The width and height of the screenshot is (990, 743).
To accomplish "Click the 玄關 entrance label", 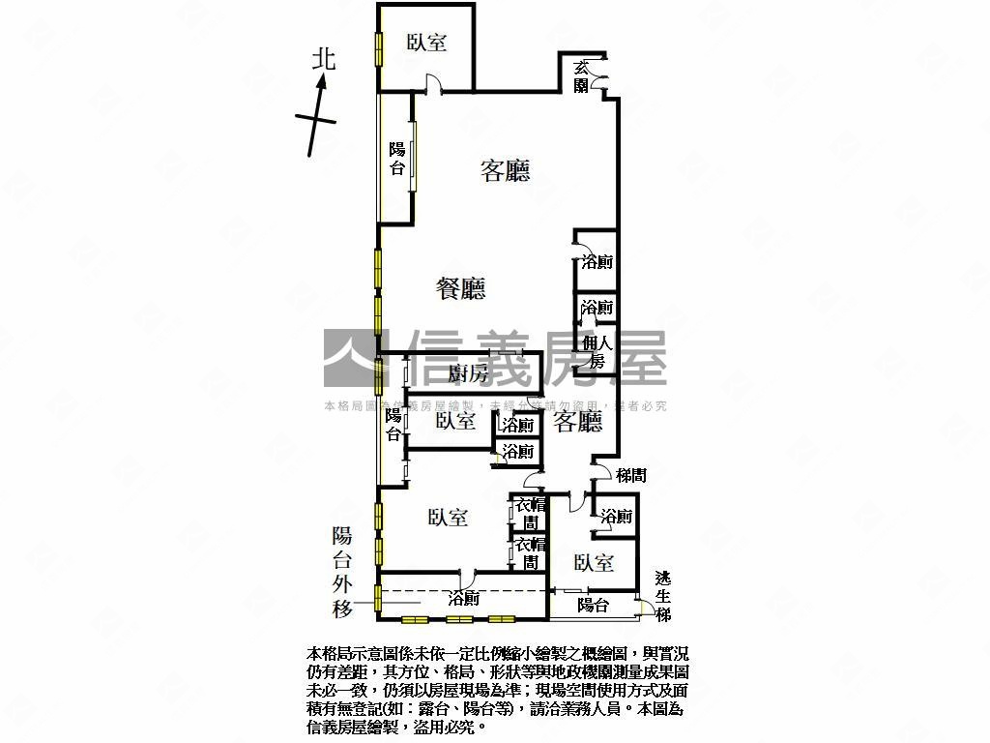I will coord(581,76).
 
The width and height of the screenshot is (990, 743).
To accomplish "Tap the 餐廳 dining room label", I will coord(460,288).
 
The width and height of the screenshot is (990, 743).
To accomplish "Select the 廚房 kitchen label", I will coord(469,374).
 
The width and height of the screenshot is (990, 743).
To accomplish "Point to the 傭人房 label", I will coord(597,352).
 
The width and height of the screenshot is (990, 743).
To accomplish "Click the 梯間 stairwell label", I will coord(630,475).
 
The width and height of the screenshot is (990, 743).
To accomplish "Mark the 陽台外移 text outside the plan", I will coord(342,572).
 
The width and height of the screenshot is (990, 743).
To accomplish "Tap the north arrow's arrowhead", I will coord(324,85).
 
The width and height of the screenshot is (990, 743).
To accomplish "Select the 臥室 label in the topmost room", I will coord(426,43).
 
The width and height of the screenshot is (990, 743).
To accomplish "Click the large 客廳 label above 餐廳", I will coord(506,172).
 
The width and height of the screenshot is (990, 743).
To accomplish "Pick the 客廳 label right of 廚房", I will coord(578,421).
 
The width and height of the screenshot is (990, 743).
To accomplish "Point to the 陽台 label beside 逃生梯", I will coord(593,606).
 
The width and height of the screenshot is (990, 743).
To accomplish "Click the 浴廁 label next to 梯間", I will coord(616,517).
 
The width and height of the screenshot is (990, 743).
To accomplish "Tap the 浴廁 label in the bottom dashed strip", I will coord(464,599).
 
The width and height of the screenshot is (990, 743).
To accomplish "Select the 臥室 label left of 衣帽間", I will coord(448,519).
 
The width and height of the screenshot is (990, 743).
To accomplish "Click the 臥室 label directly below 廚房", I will coord(454,421).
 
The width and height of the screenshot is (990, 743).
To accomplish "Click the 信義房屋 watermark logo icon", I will coord(357,359).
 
